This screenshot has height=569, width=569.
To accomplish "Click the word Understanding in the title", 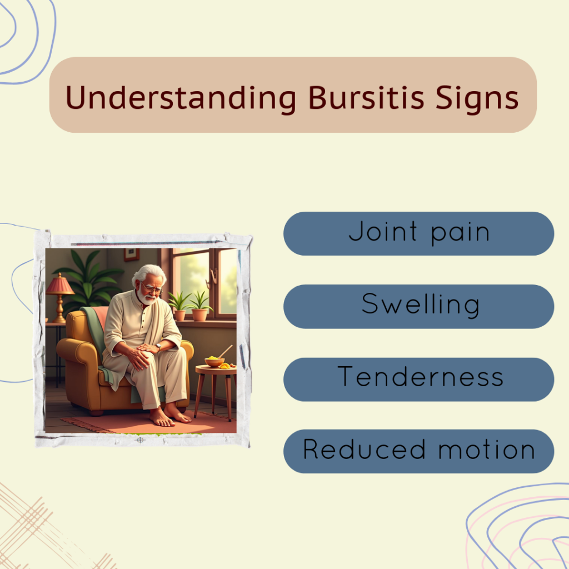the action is point(181,98).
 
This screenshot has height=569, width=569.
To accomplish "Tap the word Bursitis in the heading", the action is point(366,97).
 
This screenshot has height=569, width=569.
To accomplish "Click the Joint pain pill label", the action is point(419,234).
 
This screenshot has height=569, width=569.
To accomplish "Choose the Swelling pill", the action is point(419,306).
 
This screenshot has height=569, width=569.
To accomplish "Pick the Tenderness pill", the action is point(419,379).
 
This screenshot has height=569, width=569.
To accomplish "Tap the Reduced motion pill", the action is point(419,451).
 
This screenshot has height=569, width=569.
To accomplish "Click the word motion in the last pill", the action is point(487,450).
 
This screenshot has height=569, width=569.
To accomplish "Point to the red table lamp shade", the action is point(59,285).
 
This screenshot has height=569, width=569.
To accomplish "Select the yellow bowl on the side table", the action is point(214,361).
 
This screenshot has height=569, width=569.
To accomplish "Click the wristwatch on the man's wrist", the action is point(158,347).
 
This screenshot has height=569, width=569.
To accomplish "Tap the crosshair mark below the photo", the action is point(140,440).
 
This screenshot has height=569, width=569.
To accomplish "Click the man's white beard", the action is point(146,298).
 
